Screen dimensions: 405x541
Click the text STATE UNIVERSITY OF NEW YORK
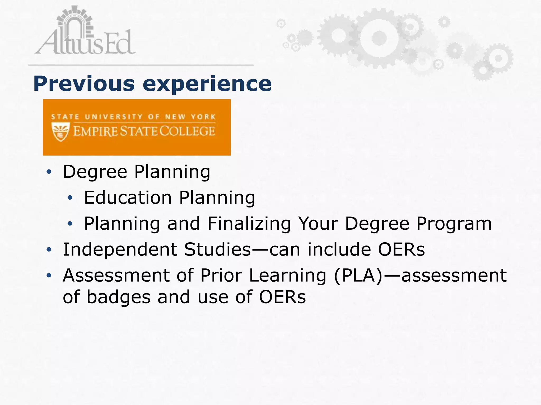[x=133, y=117]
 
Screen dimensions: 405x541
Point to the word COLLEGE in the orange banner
[x=187, y=131]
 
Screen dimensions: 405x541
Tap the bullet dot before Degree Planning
[x=49, y=172]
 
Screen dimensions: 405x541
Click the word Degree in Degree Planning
[x=95, y=172]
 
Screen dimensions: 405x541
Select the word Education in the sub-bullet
[x=128, y=198]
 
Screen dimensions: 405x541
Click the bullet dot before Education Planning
[x=70, y=198]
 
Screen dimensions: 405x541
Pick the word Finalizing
[x=249, y=224]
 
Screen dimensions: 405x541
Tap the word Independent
[x=120, y=249]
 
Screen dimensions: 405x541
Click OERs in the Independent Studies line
[x=401, y=249]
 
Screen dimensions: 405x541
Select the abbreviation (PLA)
[x=358, y=276]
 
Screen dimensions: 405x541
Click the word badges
[x=118, y=297]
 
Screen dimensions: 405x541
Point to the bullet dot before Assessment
[x=49, y=276]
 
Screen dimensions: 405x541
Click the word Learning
[x=288, y=276]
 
